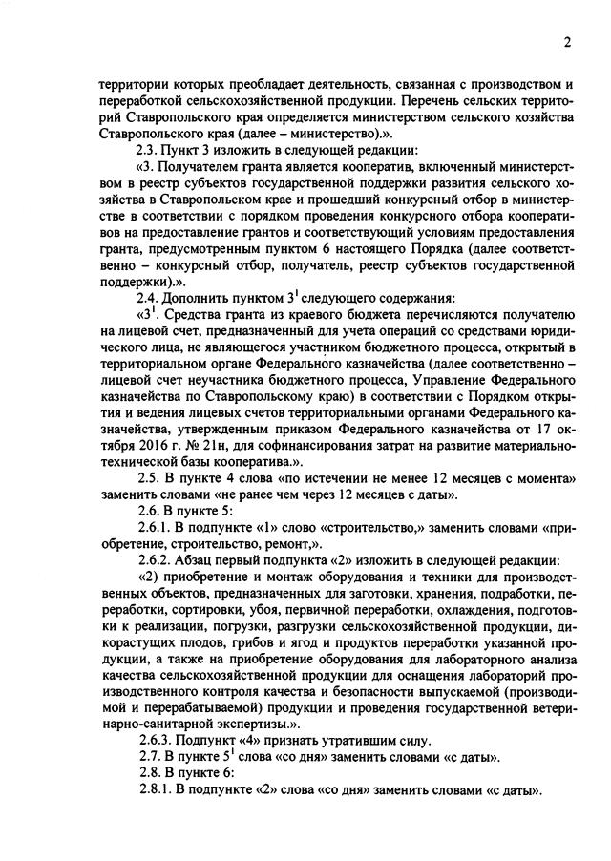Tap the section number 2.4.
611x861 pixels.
tap(150, 297)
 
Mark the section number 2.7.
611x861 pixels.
tap(150, 758)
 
